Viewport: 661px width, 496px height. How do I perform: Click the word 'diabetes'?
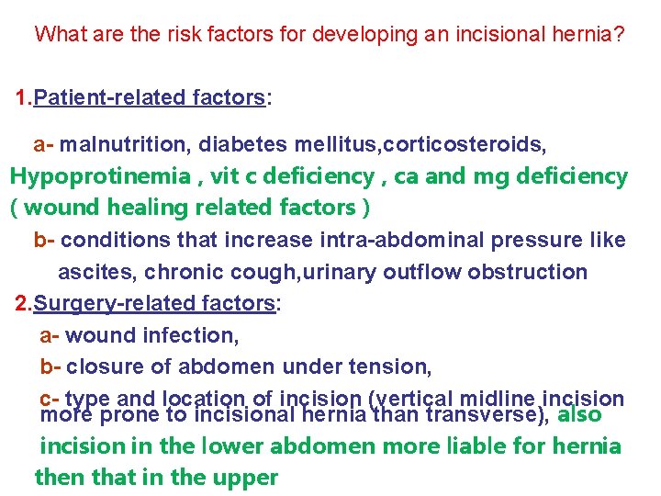pos(242,145)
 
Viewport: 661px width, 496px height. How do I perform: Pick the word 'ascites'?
pos(90,272)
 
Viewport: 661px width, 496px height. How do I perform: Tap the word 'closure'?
pos(100,367)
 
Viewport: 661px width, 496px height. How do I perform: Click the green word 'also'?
pos(580,414)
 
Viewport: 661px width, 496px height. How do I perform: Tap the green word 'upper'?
pos(248,478)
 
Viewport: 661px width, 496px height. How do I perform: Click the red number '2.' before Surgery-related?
pos(25,303)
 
